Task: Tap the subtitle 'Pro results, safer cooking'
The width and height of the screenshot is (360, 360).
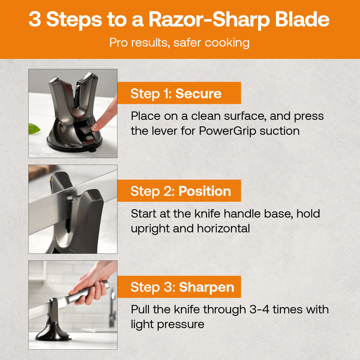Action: coord(179,43)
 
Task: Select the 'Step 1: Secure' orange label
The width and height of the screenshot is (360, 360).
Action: coord(179,93)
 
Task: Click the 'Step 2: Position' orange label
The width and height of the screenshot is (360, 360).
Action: coord(179,191)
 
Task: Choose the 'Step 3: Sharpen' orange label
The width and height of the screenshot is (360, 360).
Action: coord(179,287)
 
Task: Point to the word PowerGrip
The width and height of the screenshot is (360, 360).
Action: coord(228,131)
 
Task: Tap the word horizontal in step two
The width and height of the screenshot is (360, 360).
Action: coord(223,229)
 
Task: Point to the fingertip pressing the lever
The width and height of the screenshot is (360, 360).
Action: coord(95,127)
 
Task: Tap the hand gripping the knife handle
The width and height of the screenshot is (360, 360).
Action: coord(90,285)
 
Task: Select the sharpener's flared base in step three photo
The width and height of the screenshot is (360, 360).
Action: coord(53,331)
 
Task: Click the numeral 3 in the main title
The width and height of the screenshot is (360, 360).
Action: coord(35,19)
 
